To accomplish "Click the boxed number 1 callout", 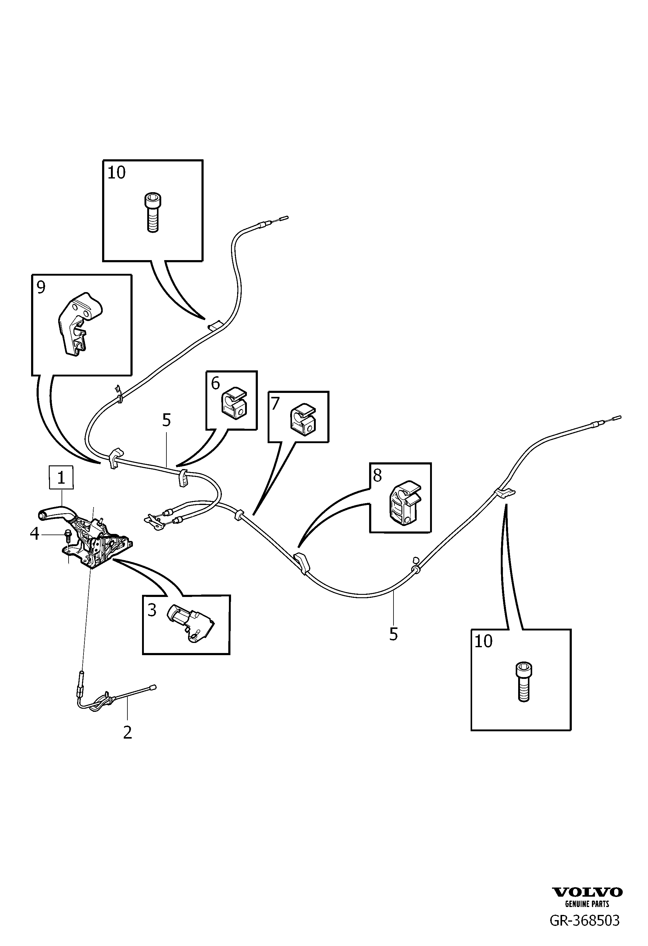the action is coord(61,478).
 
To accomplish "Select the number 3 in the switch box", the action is coord(152,610).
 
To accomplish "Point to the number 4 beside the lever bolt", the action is coord(35,534).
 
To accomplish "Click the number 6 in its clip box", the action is coord(215,383).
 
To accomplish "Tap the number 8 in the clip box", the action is coord(378,475).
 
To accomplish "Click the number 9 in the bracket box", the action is coord(41,288).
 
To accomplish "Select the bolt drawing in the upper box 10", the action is coord(152,213).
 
